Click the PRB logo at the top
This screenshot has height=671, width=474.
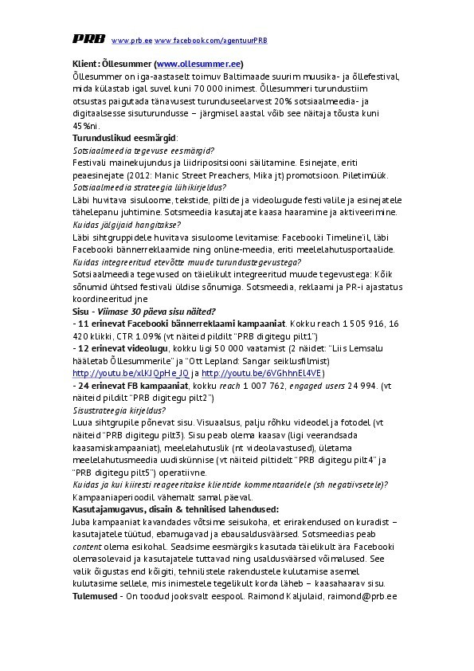pyautogui.click(x=87, y=38)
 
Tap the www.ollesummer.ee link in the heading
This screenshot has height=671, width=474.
pyautogui.click(x=198, y=64)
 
